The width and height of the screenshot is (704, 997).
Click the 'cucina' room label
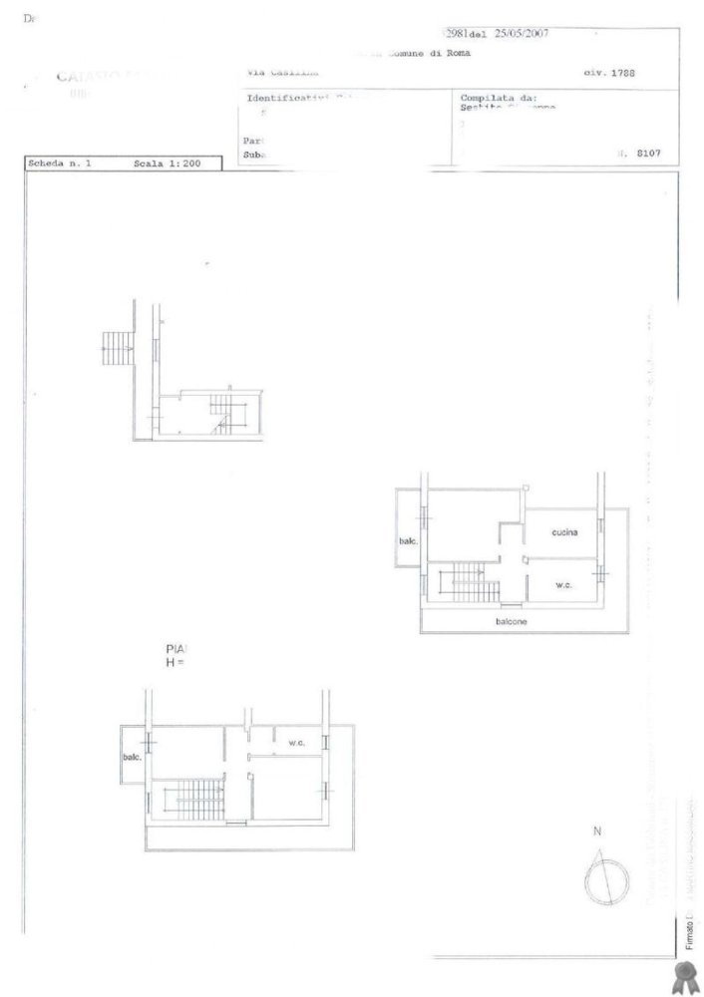[564, 533]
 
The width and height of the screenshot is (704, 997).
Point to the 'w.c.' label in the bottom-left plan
[296, 742]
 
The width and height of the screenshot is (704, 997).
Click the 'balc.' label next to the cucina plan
[409, 541]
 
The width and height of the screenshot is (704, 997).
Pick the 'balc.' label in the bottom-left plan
[132, 757]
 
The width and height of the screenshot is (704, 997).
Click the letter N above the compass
[596, 831]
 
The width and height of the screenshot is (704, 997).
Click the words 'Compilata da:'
[500, 98]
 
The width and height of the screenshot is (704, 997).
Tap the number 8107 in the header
[645, 155]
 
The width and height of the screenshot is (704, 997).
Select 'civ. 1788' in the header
[607, 73]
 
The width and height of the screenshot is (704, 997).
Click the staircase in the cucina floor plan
[465, 578]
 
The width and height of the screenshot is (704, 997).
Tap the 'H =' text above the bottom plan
[176, 662]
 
